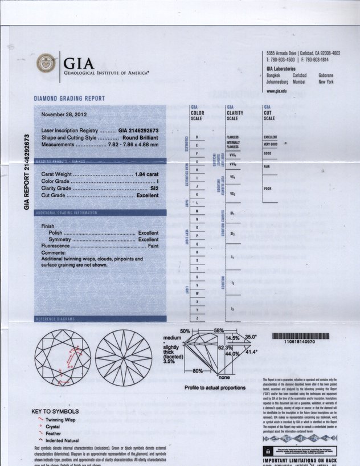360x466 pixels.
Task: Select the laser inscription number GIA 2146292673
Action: [138, 130]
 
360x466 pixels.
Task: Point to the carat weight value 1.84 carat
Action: [146, 174]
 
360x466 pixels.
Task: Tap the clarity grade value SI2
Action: [154, 187]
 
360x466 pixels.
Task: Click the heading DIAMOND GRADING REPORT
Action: [69, 99]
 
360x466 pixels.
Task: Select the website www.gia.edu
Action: [276, 91]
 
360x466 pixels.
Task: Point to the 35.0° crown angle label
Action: [251, 337]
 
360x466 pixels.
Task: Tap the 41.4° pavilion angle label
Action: [251, 352]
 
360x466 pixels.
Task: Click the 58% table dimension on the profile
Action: [219, 330]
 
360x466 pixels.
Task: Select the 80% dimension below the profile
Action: [198, 371]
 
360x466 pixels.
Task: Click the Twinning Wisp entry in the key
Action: [62, 420]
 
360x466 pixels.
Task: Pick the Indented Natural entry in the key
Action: [66, 440]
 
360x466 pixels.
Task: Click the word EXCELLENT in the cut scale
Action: [270, 137]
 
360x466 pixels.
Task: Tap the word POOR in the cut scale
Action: [267, 188]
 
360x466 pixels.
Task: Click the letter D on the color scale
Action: [197, 137]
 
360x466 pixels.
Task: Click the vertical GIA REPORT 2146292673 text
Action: [26, 172]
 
